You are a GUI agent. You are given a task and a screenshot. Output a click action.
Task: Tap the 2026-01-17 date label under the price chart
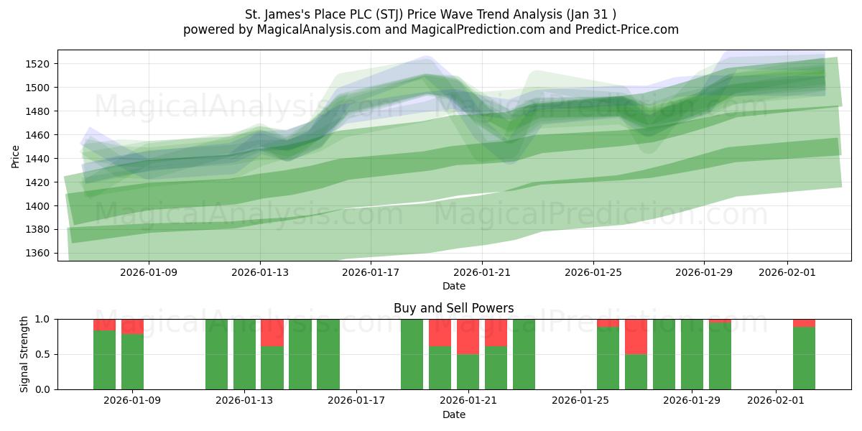pyautogui.click(x=371, y=273)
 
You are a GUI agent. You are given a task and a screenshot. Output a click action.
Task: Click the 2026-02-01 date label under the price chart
pyautogui.click(x=787, y=273)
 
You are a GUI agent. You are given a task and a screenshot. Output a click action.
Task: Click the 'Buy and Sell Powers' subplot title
pyautogui.click(x=453, y=308)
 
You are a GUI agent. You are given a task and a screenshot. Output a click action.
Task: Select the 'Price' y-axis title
pyautogui.click(x=16, y=155)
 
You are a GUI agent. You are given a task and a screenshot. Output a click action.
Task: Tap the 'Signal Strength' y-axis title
pyautogui.click(x=24, y=354)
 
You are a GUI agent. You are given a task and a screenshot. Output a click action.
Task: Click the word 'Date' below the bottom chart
pyautogui.click(x=453, y=414)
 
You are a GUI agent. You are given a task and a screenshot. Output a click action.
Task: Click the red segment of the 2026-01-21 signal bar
pyautogui.click(x=468, y=336)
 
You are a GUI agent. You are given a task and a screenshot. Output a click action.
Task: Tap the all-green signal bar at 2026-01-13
pyautogui.click(x=244, y=354)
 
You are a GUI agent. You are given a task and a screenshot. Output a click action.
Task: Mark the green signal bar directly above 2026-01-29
pyautogui.click(x=692, y=354)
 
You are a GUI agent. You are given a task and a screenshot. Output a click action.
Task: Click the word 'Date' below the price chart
pyautogui.click(x=453, y=286)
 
